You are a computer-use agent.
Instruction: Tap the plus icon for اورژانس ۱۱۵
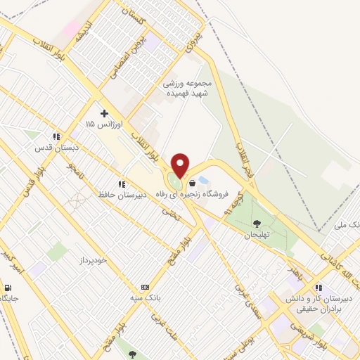105,112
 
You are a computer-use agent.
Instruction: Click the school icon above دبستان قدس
55,137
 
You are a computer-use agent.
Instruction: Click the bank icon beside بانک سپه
146,287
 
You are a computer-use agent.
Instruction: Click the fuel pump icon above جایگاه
8,287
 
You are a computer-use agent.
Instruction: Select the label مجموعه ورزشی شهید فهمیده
190,88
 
